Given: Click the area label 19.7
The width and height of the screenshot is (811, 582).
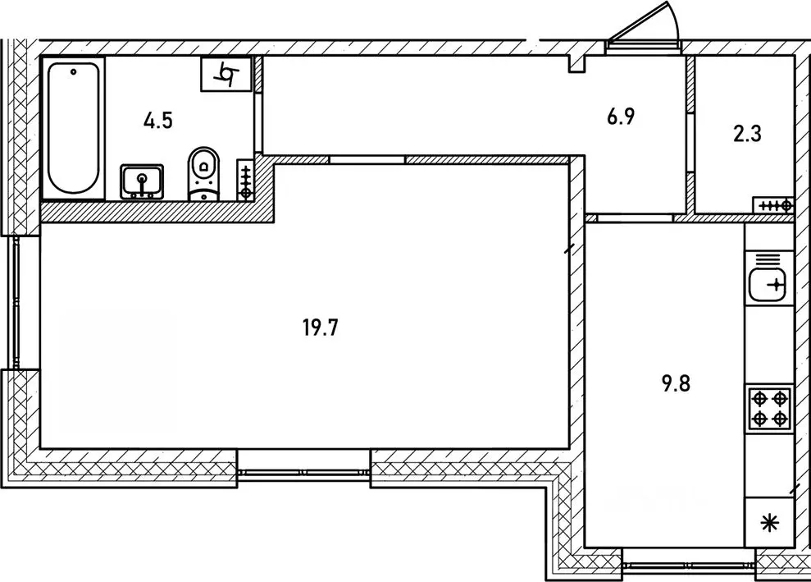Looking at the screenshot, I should (x=321, y=330).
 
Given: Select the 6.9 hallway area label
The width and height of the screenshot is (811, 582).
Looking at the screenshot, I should (x=621, y=117).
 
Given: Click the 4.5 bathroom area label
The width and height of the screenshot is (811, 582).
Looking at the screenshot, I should (x=157, y=121).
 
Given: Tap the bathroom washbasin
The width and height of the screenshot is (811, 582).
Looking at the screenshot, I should (x=142, y=181).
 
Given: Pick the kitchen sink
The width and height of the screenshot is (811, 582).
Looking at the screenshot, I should (x=768, y=286).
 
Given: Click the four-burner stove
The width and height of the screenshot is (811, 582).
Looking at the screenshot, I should (x=769, y=409).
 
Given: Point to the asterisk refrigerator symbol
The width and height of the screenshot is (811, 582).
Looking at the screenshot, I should (x=769, y=523).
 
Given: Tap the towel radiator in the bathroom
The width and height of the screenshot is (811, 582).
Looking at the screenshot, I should (x=245, y=181).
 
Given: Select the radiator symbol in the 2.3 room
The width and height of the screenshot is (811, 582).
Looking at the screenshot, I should (x=772, y=205).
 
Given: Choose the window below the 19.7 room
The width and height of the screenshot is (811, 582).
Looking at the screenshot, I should (x=304, y=471).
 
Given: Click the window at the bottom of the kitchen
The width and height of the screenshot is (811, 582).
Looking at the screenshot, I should (x=687, y=563).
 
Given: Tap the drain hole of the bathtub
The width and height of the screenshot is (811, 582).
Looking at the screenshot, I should (x=73, y=72).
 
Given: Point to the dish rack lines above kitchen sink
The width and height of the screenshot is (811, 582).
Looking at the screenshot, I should (x=768, y=260).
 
